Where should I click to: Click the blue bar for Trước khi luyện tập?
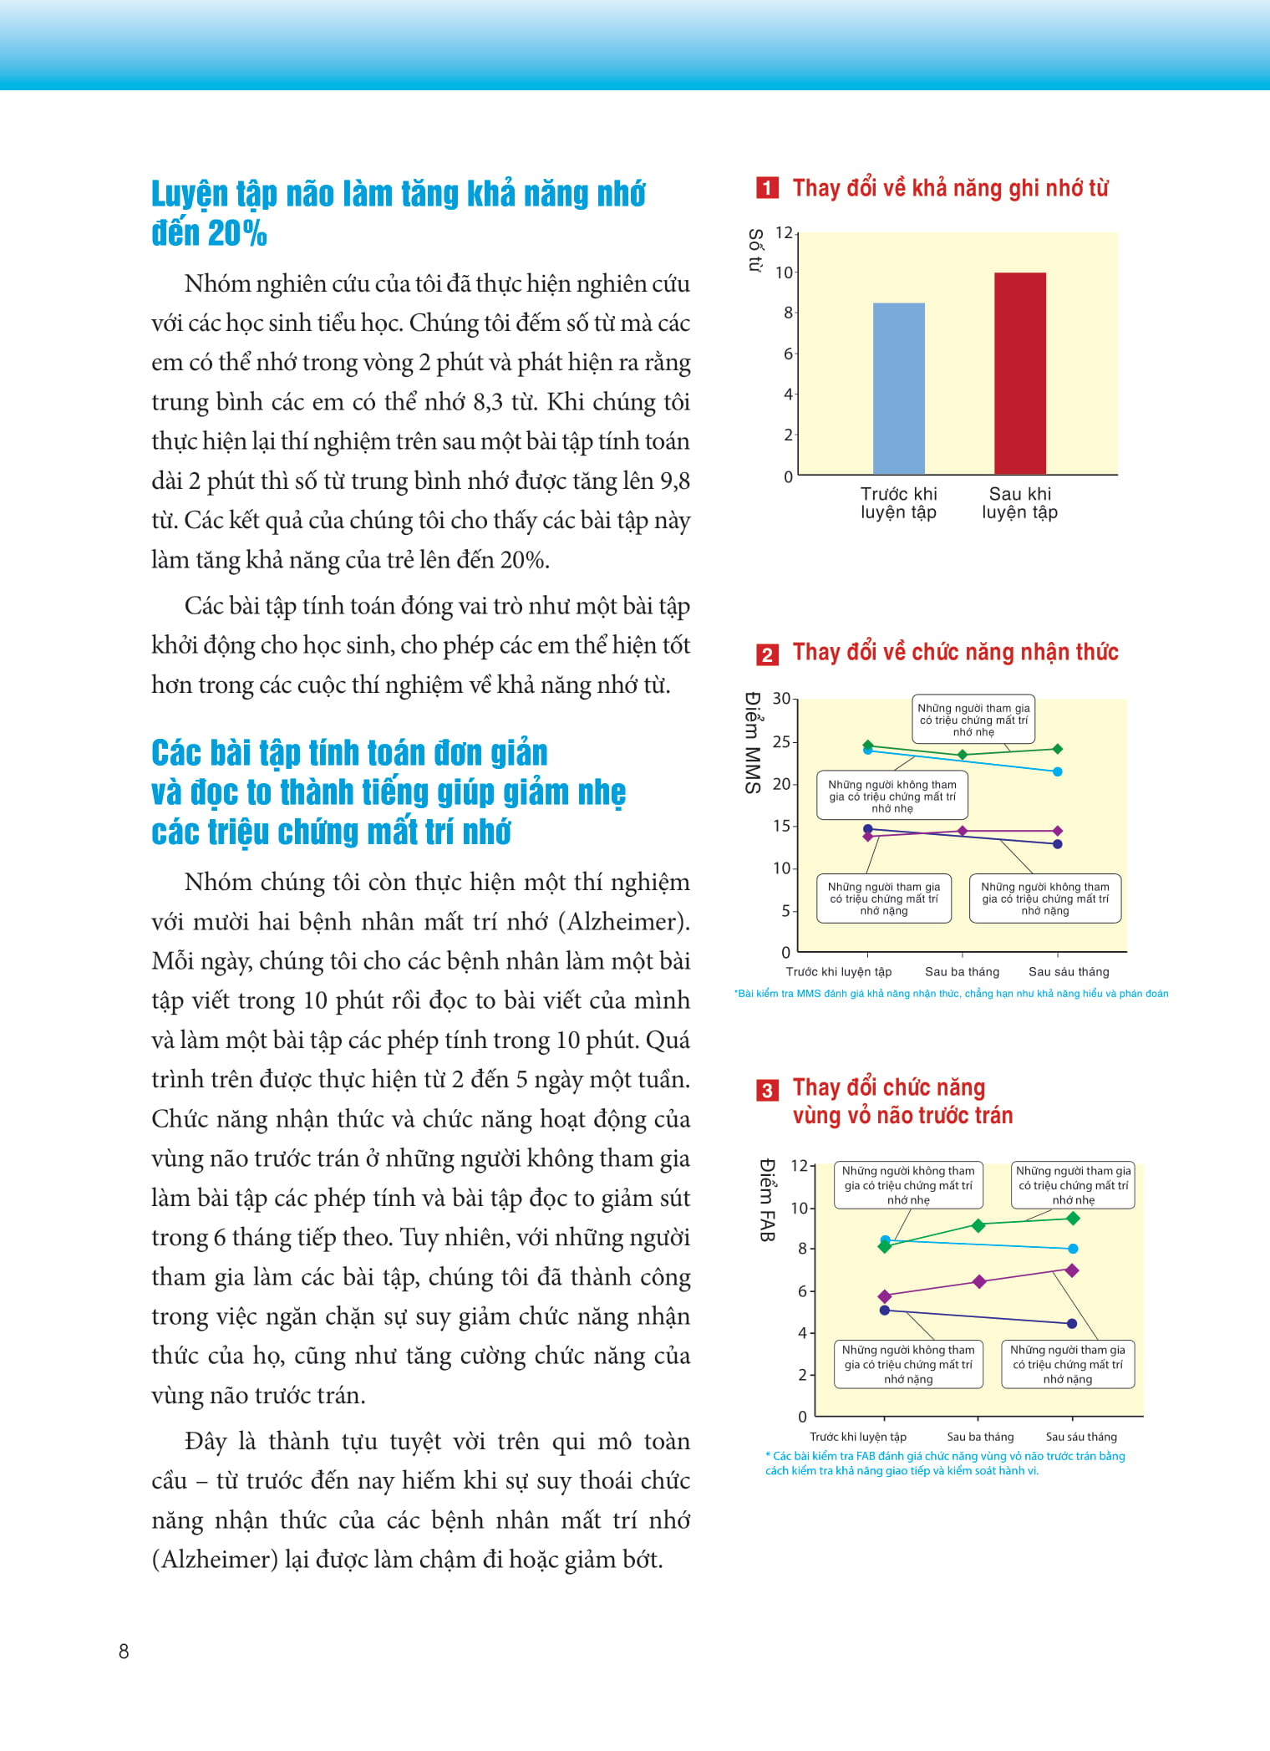coord(898,389)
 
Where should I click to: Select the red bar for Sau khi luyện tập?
coord(1019,374)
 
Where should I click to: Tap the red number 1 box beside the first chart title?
coord(766,188)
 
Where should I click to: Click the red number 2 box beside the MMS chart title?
coord(766,654)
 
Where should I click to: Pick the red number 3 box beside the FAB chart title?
coord(766,1090)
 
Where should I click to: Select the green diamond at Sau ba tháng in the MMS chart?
coord(963,755)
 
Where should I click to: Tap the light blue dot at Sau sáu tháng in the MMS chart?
coord(1057,771)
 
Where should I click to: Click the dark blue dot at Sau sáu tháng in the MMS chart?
coord(1057,844)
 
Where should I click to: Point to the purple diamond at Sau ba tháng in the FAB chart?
coord(979,1281)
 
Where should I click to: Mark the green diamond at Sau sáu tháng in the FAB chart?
coord(1074,1219)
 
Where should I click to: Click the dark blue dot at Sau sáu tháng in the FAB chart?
coord(1072,1323)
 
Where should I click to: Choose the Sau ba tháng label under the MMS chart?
coord(962,971)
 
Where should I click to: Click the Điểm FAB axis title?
coord(768,1200)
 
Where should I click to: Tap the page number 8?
coord(124,1651)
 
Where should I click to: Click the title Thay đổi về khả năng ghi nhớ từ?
coord(950,188)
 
